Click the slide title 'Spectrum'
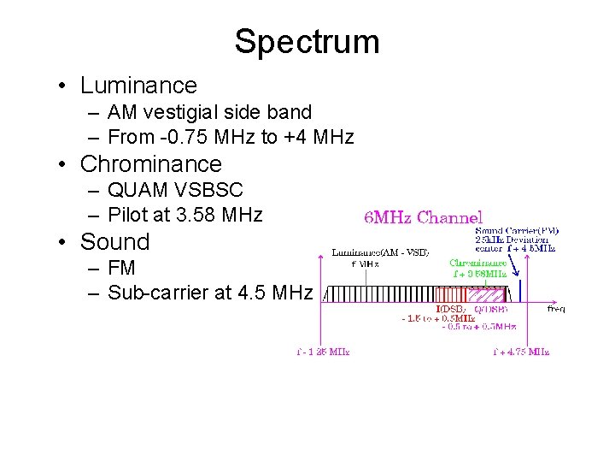pos(307,41)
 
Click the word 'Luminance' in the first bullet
pos(138,86)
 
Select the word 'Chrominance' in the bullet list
pos(151,163)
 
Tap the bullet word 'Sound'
pos(114,241)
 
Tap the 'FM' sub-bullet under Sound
pos(122,267)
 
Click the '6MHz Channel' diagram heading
pos(424,218)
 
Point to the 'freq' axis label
pos(555,309)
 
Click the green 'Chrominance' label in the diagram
pos(478,264)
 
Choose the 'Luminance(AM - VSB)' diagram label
pos(379,252)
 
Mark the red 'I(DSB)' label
pos(450,309)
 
